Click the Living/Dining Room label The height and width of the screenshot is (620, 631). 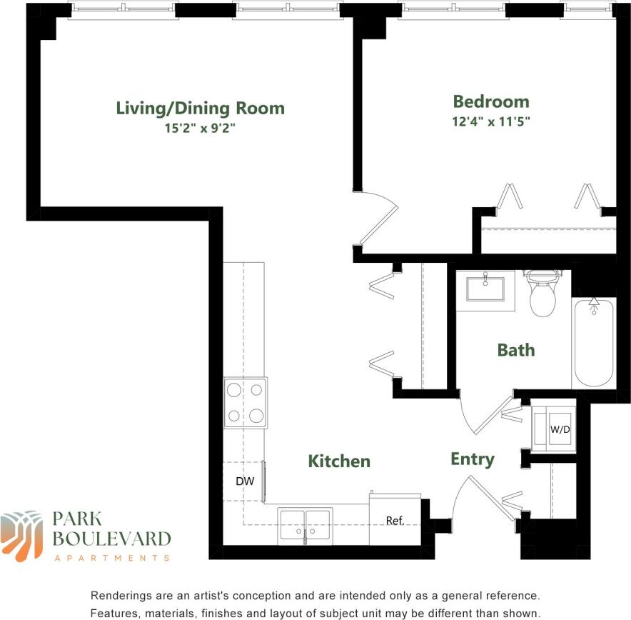(x=200, y=109)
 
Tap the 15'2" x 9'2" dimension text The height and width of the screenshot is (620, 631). (x=200, y=129)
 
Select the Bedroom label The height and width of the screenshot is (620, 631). (x=491, y=101)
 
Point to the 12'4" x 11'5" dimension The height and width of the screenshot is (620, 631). (x=491, y=121)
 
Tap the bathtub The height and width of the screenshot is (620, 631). (x=593, y=343)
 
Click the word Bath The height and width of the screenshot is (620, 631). (x=515, y=350)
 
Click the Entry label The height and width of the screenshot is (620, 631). (x=473, y=459)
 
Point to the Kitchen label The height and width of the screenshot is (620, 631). (x=339, y=461)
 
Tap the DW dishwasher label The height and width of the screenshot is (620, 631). (x=245, y=481)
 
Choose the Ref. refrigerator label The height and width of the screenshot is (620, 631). (x=395, y=521)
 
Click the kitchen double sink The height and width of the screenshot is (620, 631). (x=305, y=524)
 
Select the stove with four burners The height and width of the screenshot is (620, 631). (x=246, y=403)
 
